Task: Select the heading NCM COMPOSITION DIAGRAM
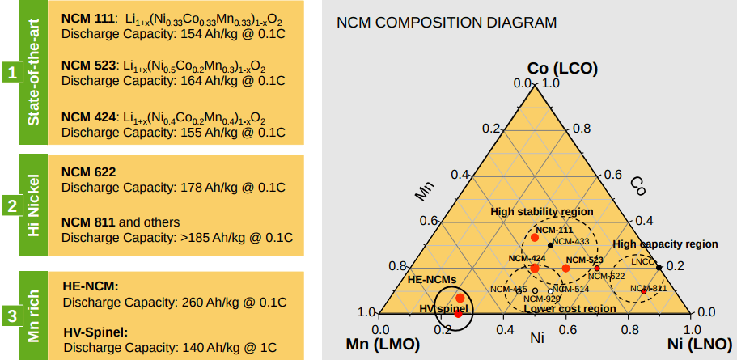point(446,23)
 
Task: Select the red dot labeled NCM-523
point(566,268)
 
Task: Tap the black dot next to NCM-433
point(550,244)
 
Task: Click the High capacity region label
point(665,244)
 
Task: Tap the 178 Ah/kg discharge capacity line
point(173,188)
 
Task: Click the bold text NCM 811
point(88,222)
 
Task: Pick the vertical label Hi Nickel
point(34,205)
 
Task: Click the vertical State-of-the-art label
point(34,74)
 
